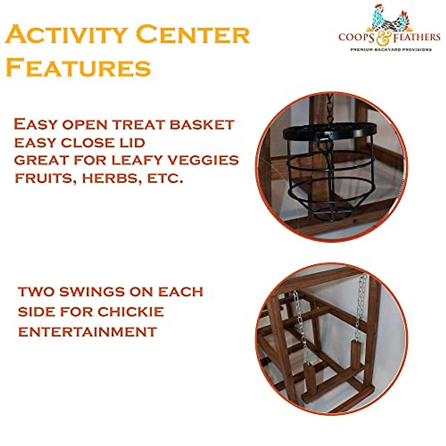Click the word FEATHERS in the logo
click(418, 37)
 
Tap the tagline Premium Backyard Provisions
click(391, 49)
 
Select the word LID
click(130, 142)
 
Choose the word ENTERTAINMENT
click(88, 332)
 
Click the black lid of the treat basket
click(329, 130)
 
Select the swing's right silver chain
click(360, 305)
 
